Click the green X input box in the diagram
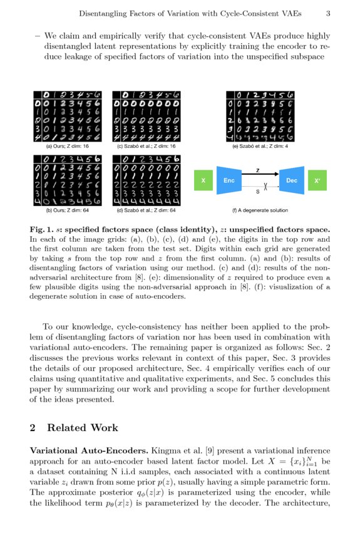pyautogui.click(x=202, y=180)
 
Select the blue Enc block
pyautogui.click(x=229, y=180)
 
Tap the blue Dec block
pyautogui.click(x=291, y=180)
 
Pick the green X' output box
pyautogui.click(x=317, y=180)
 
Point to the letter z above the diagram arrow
pyautogui.click(x=259, y=170)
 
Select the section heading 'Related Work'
pyautogui.click(x=83, y=428)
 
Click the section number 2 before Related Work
pyautogui.click(x=33, y=428)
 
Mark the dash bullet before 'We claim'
pyautogui.click(x=38, y=36)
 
